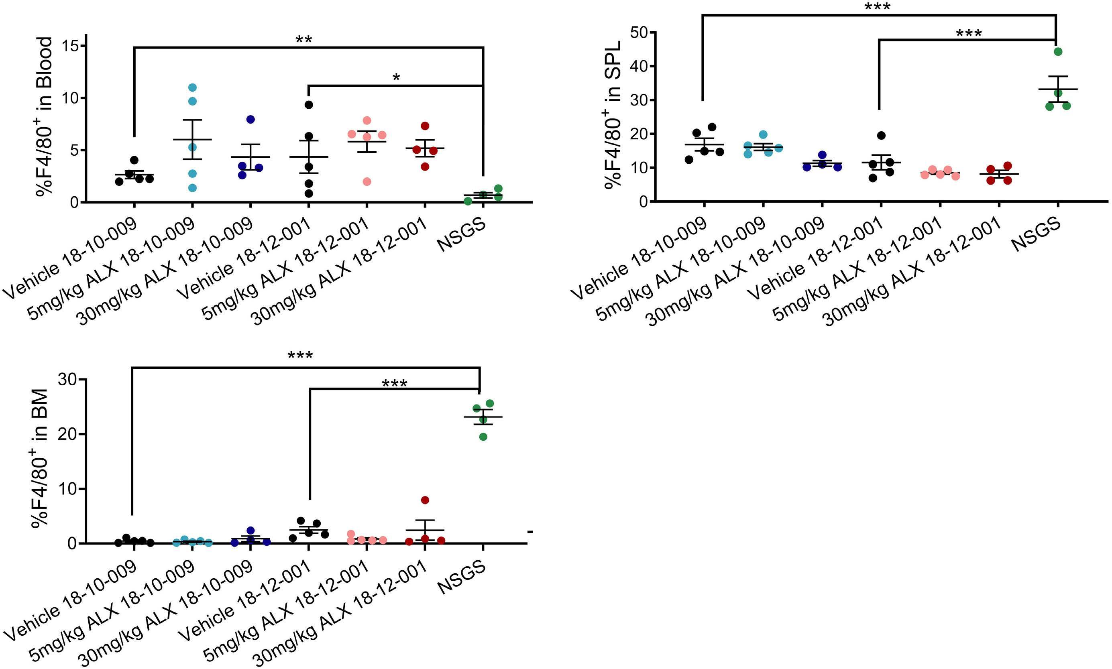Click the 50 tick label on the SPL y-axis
637,33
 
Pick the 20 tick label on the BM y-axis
67,434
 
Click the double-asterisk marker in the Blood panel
303,40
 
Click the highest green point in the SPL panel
1058,51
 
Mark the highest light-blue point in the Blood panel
193,87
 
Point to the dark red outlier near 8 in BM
425,500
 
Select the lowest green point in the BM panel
483,436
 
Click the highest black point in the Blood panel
309,105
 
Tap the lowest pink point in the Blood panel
367,182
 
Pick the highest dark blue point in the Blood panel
250,120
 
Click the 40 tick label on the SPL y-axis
637,66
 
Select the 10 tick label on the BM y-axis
67,489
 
